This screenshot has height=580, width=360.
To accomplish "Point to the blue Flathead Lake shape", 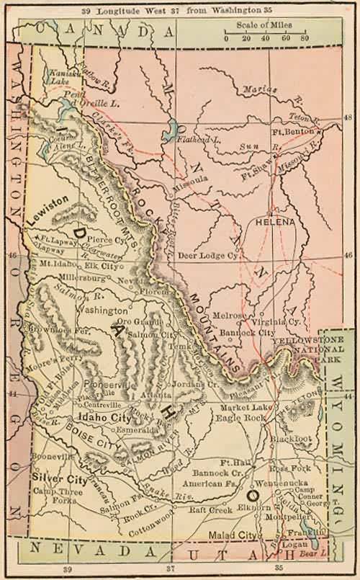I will (x=171, y=133).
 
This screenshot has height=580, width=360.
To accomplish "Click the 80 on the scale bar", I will (x=305, y=37).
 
